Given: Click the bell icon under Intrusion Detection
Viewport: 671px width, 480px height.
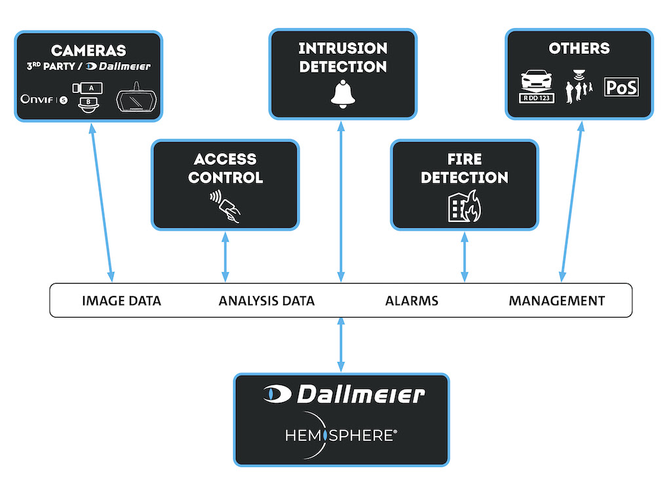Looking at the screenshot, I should [342, 94].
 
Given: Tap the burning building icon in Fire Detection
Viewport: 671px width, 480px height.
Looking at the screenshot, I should [465, 208].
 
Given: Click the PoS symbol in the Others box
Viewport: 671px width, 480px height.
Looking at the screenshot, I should [621, 87].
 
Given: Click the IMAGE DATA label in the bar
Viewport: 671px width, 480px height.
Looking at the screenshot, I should [121, 301].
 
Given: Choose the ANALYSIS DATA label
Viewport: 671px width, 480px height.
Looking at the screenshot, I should [266, 301].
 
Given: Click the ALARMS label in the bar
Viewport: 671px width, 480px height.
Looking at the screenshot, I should [412, 301].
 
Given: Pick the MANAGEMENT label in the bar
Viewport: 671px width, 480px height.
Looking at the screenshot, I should [556, 301].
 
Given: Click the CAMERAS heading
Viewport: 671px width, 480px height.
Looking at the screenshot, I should [88, 50].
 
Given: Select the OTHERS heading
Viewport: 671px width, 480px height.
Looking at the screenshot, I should [579, 48].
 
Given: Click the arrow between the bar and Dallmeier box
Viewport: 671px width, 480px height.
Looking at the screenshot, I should [341, 345].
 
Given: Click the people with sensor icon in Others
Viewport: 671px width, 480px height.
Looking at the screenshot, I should [579, 87].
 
